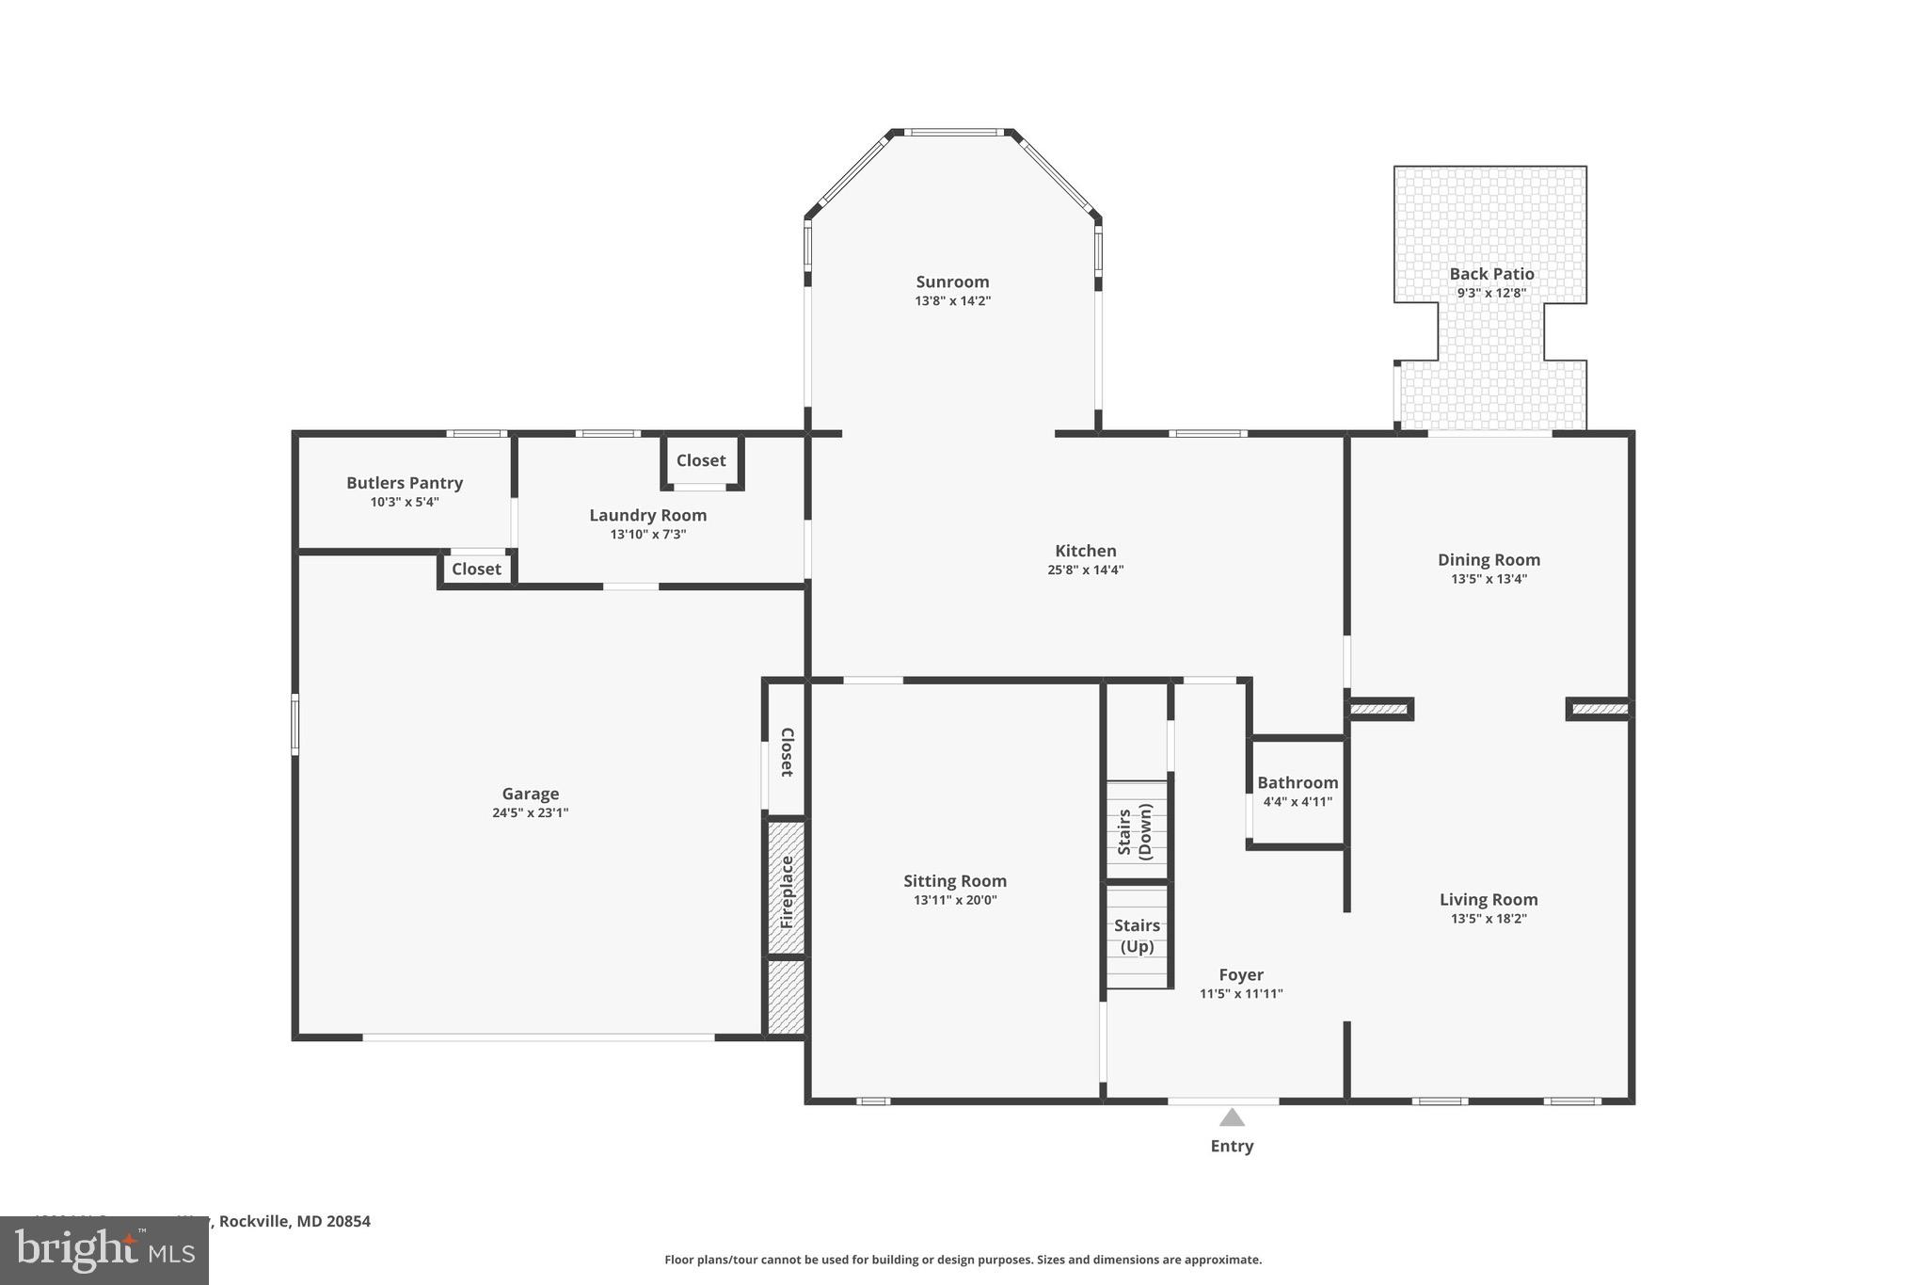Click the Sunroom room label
[952, 281]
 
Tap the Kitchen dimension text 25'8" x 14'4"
[1085, 570]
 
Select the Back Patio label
[1491, 274]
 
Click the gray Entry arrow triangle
[1232, 1117]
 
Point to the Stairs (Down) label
[1135, 831]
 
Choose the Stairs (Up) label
[1137, 936]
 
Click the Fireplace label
[788, 891]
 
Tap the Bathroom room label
[1298, 782]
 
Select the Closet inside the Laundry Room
[701, 460]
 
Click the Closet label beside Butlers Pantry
[476, 569]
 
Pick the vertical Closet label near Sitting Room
[788, 751]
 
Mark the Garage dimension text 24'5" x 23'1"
[530, 812]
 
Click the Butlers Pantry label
[405, 483]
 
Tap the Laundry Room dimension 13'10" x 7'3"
[647, 534]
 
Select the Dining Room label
[1489, 559]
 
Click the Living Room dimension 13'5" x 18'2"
[1489, 918]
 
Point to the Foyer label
[1241, 974]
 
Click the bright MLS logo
[104, 1250]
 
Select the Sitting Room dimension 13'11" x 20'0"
[954, 900]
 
